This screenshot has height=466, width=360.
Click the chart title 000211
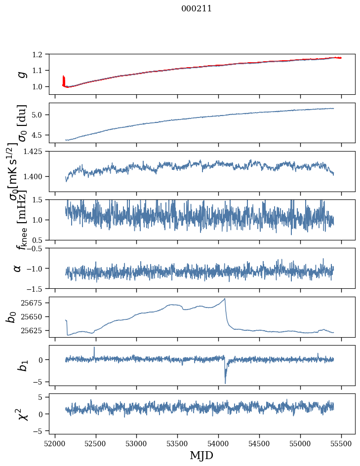click(x=197, y=8)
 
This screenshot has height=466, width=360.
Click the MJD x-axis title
click(x=201, y=455)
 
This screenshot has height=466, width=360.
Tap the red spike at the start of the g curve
click(x=64, y=80)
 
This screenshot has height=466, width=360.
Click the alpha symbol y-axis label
click(x=18, y=268)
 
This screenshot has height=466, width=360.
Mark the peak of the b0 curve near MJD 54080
click(x=225, y=299)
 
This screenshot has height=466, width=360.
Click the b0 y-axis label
click(x=11, y=316)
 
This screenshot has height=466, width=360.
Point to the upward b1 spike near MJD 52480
click(x=94, y=348)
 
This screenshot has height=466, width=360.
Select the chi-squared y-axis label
click(x=22, y=414)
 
